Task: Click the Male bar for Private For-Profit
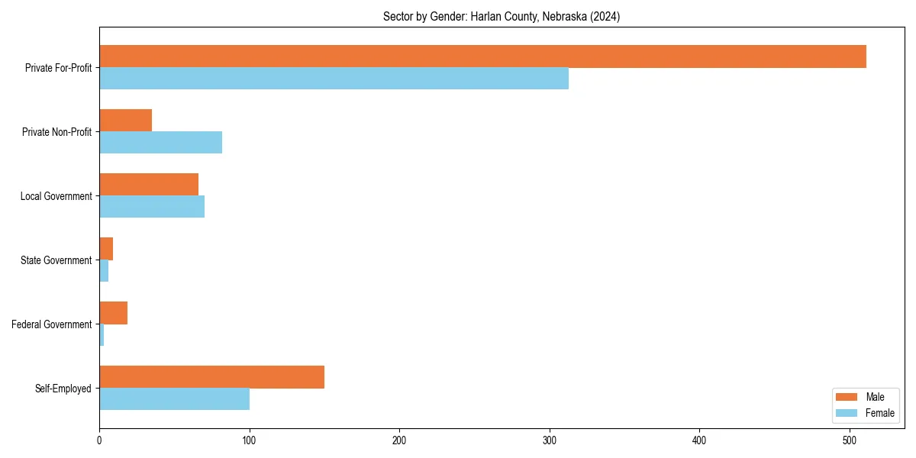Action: click(482, 56)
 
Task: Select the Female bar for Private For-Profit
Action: click(334, 79)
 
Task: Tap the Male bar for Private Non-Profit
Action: click(125, 121)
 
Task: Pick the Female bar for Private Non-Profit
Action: click(160, 143)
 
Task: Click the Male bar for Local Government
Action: click(149, 185)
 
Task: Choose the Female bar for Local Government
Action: click(152, 207)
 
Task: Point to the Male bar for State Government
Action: click(106, 249)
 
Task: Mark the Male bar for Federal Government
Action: click(113, 313)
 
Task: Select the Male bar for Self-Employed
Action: click(211, 377)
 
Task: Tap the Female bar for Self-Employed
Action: click(174, 399)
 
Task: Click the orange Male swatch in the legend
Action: click(847, 397)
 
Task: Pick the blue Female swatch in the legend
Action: click(847, 413)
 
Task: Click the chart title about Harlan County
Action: click(502, 17)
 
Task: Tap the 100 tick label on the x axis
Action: click(249, 440)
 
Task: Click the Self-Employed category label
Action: click(63, 389)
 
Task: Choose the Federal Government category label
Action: click(52, 324)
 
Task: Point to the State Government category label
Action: click(56, 260)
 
